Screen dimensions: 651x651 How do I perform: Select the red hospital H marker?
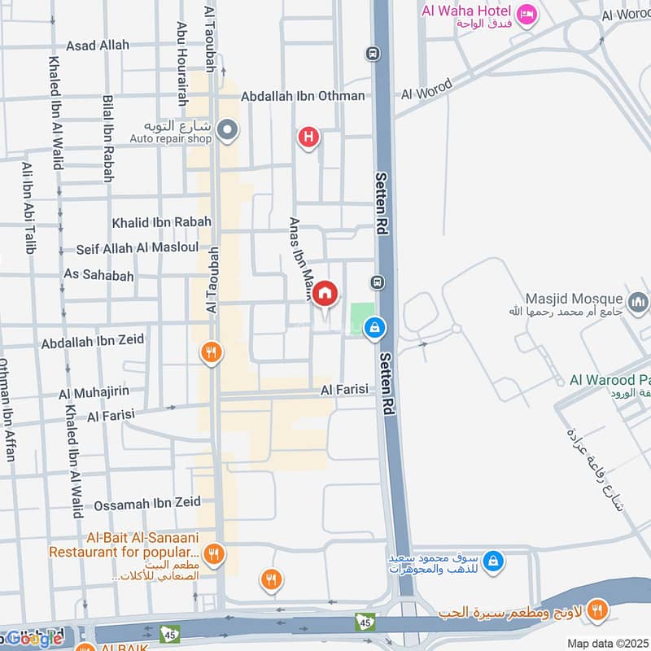[x=308, y=137]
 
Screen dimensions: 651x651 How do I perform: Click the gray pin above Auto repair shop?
[x=229, y=129]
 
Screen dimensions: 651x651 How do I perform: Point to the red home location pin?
[x=325, y=294]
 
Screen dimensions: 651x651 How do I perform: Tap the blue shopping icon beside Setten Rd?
[x=374, y=327]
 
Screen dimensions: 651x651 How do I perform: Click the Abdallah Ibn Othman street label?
[x=303, y=96]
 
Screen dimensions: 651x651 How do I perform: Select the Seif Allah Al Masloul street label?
[x=138, y=248]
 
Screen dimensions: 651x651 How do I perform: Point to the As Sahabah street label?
[x=98, y=276]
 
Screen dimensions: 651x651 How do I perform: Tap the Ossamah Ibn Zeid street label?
[x=147, y=505]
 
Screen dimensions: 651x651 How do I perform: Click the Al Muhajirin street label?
[x=94, y=393]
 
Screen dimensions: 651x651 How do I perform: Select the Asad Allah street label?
[x=98, y=46]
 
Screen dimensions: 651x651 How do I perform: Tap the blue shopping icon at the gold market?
[x=492, y=561]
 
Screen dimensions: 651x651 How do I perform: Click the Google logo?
[x=33, y=638]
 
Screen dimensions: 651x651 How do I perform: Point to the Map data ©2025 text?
[x=606, y=644]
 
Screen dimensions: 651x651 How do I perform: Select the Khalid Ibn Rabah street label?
[x=161, y=221]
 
